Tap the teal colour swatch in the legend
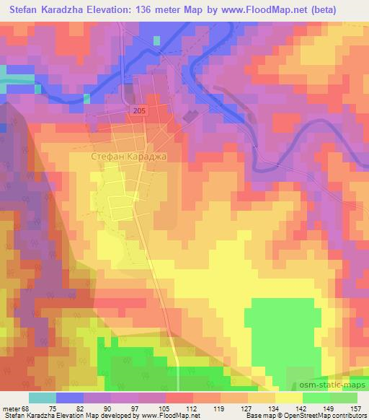tap(43, 398)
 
